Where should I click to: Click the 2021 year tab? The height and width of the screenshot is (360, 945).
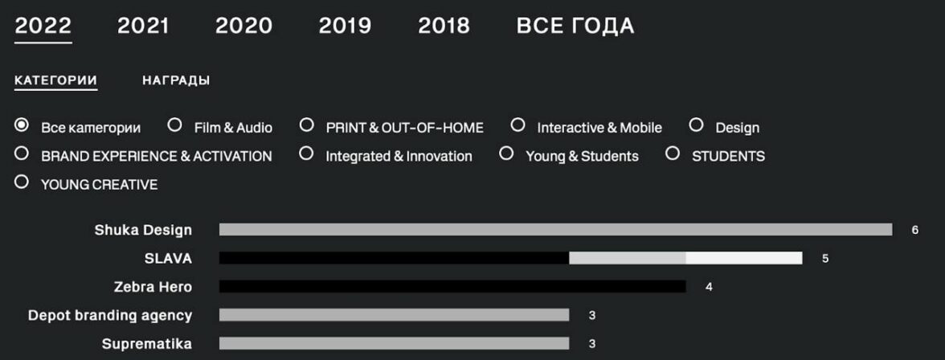[143, 26]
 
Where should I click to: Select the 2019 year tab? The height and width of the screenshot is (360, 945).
[345, 26]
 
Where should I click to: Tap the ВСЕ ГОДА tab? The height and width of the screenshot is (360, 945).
[575, 26]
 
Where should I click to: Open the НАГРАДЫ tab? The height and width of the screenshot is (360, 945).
[176, 80]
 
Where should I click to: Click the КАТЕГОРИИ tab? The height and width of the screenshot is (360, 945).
[56, 80]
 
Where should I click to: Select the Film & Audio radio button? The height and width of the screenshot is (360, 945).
[175, 125]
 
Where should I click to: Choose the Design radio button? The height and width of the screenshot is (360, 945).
[696, 125]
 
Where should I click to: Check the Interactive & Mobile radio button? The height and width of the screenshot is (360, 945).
[517, 125]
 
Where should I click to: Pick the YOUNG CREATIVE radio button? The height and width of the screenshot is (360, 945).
[22, 182]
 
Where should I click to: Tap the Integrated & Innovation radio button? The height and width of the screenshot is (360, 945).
[307, 153]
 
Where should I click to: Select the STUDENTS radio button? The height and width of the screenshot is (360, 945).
[673, 153]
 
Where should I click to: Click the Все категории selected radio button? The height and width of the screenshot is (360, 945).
[22, 125]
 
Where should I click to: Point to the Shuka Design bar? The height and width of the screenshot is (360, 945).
[556, 230]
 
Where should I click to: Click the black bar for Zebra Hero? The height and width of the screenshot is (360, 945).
[452, 286]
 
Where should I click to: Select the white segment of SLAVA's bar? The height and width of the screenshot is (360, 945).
[744, 258]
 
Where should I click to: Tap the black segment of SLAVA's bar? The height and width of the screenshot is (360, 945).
[394, 258]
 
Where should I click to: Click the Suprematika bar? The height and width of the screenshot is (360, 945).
[394, 343]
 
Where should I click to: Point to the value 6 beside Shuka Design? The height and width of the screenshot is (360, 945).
[914, 231]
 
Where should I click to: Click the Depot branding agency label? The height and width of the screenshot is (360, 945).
[110, 315]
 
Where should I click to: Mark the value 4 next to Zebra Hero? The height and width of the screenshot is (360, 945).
[709, 287]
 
